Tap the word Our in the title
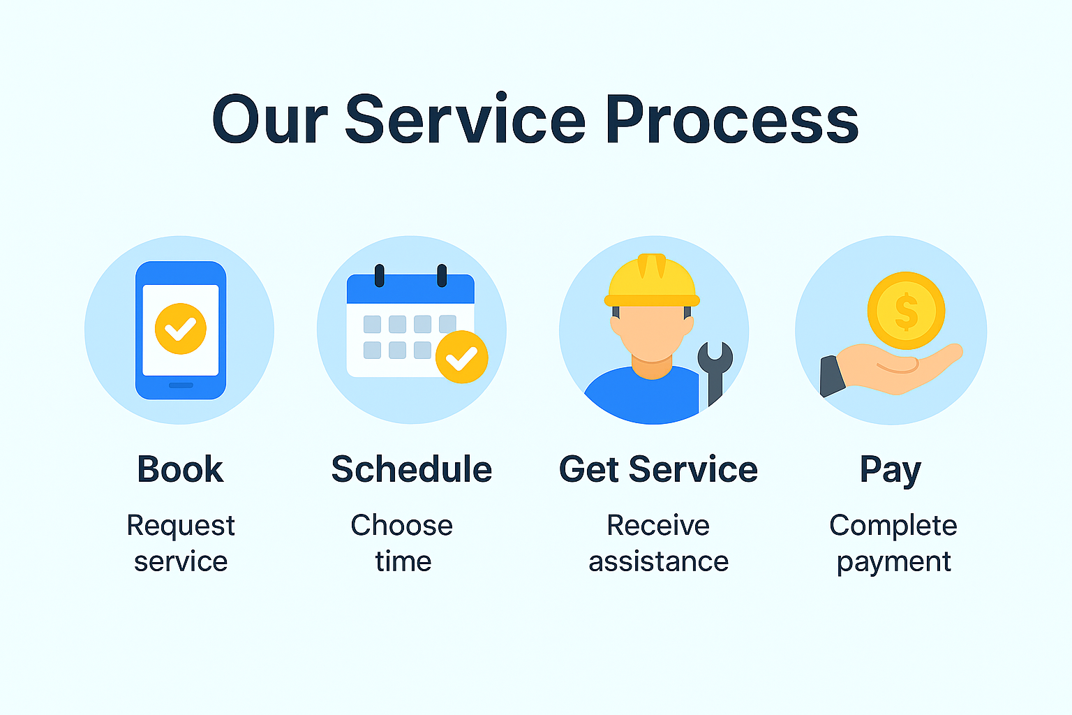[x=270, y=119]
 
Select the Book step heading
[x=181, y=469]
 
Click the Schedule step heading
[x=412, y=469]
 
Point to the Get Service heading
[x=658, y=469]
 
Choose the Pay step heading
[x=891, y=471]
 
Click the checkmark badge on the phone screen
[x=181, y=329]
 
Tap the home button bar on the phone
[x=181, y=385]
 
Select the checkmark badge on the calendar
[x=462, y=357]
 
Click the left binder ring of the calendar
[x=380, y=275]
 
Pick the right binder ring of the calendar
[x=442, y=275]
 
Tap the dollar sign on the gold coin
[x=907, y=311]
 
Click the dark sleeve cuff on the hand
[x=832, y=376]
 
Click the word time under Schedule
[x=403, y=561]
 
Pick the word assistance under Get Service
[x=659, y=561]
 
